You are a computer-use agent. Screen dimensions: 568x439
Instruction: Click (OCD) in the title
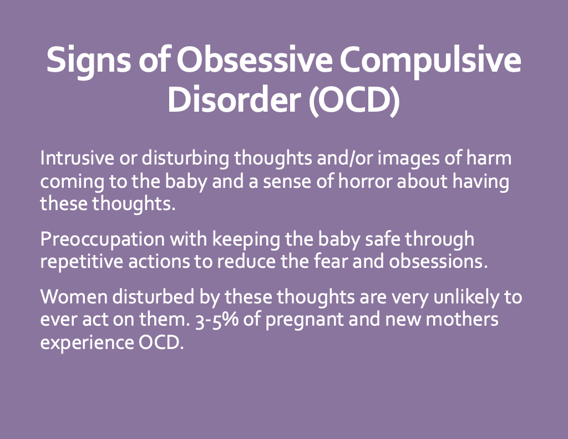coord(354,101)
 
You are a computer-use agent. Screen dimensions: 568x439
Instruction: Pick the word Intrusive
coord(77,158)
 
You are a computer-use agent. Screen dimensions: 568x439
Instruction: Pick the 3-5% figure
coord(217,320)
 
